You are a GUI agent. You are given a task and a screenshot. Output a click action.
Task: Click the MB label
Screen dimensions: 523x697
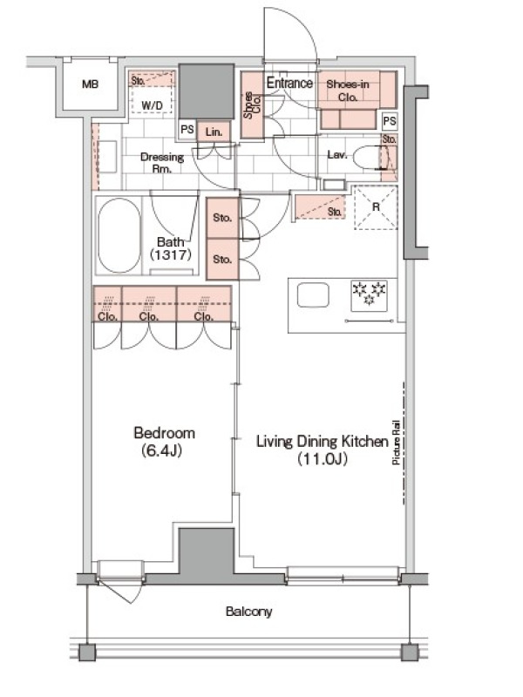pyautogui.click(x=91, y=84)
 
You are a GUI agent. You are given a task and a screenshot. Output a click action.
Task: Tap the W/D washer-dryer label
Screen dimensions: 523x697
pyautogui.click(x=152, y=105)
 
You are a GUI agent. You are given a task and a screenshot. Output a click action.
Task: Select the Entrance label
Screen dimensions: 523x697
pyautogui.click(x=289, y=83)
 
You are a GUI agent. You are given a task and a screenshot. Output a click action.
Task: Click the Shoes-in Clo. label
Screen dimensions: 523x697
pyautogui.click(x=348, y=91)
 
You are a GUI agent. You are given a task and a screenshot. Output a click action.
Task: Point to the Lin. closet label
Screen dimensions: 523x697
pyautogui.click(x=214, y=132)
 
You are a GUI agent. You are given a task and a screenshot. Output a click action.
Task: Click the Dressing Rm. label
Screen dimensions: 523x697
pyautogui.click(x=162, y=163)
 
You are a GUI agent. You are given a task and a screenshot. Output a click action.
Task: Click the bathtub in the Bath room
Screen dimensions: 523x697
pyautogui.click(x=119, y=235)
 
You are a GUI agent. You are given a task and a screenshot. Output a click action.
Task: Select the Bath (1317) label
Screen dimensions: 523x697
pyautogui.click(x=171, y=248)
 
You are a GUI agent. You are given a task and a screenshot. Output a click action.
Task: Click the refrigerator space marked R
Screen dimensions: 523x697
pyautogui.click(x=376, y=207)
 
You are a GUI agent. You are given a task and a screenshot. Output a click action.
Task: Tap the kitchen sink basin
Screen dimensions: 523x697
pyautogui.click(x=313, y=295)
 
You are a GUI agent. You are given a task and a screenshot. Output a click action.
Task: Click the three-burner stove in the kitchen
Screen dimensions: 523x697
pyautogui.click(x=369, y=295)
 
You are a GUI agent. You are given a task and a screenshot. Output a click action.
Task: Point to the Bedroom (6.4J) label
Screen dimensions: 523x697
pyautogui.click(x=164, y=442)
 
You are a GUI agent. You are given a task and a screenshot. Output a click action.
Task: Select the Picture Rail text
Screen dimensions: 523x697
pyautogui.click(x=396, y=443)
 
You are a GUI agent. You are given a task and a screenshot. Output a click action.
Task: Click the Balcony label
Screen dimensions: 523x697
pyautogui.click(x=248, y=612)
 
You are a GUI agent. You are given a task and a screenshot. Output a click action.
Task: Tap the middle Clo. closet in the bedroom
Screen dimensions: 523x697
pyautogui.click(x=149, y=303)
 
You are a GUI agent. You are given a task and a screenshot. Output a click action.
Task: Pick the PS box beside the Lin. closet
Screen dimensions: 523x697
pyautogui.click(x=187, y=129)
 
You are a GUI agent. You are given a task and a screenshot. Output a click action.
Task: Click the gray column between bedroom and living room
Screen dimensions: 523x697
pyautogui.click(x=206, y=552)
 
